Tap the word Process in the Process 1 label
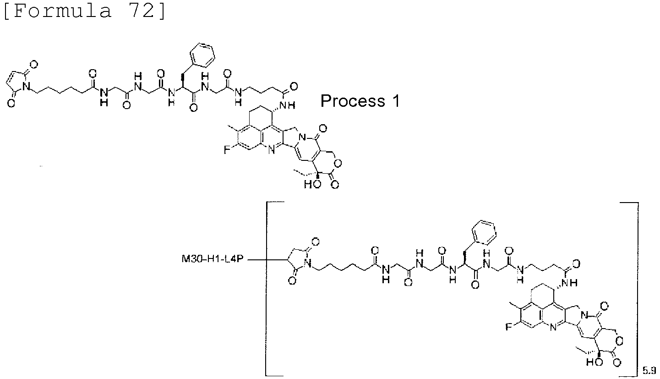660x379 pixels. click(353, 101)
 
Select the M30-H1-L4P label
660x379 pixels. click(213, 259)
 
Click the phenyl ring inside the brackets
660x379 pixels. click(484, 232)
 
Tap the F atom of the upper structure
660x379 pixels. click(227, 150)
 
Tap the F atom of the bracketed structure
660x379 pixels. click(508, 327)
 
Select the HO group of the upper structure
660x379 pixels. click(312, 185)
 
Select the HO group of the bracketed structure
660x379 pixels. click(595, 362)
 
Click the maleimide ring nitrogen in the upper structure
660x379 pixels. click(27, 86)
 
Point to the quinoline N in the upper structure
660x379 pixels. click(272, 150)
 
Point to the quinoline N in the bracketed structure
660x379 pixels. click(553, 327)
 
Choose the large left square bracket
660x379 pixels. click(267, 289)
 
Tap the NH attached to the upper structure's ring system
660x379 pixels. click(287, 105)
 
